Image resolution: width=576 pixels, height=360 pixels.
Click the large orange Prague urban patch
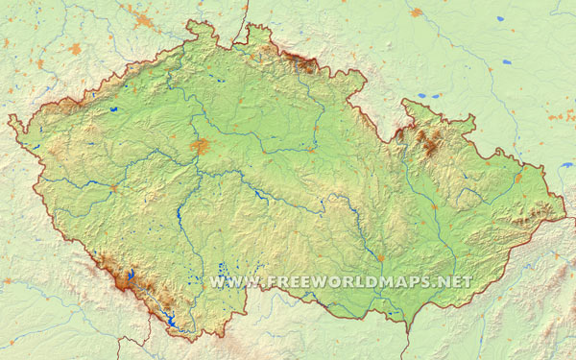[200, 146]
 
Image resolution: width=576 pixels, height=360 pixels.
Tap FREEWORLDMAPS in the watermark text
[348, 282]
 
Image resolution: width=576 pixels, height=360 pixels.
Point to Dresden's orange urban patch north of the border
[144, 20]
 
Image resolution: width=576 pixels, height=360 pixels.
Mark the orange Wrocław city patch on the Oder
[416, 12]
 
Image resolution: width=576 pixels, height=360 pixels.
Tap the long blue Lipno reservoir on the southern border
[171, 322]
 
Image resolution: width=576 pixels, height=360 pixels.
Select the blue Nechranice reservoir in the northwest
[114, 110]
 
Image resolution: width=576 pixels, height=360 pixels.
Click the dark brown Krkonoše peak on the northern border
[307, 65]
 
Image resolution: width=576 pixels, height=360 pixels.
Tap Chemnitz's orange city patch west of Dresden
[75, 48]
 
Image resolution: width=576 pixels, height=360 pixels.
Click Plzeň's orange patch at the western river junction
[113, 187]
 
